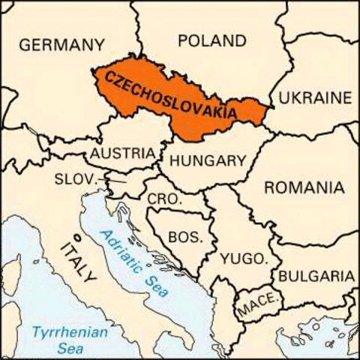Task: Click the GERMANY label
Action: [61, 45]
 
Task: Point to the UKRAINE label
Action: [315, 98]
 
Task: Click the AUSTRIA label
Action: [122, 154]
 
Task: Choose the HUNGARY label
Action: [208, 160]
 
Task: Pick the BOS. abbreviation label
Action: [184, 237]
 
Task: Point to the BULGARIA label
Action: [316, 275]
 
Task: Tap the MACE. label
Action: [258, 307]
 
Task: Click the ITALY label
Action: [79, 259]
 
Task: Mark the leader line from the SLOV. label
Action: [114, 181]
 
